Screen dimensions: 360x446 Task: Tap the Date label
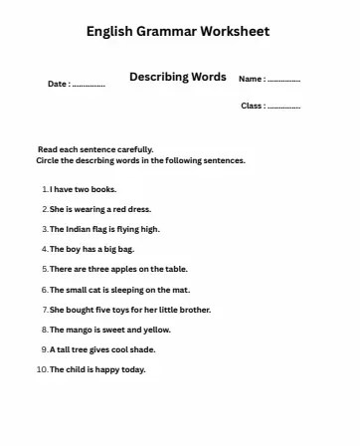pyautogui.click(x=59, y=84)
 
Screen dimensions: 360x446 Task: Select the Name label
pyautogui.click(x=252, y=79)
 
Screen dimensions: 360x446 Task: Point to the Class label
pyautogui.click(x=254, y=106)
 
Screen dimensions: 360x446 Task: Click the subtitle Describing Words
pyautogui.click(x=177, y=77)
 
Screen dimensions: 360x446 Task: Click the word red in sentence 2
pyautogui.click(x=116, y=209)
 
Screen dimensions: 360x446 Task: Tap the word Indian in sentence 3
pyautogui.click(x=78, y=229)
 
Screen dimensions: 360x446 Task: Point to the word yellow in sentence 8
pyautogui.click(x=157, y=330)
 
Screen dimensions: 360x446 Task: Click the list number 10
pyautogui.click(x=40, y=370)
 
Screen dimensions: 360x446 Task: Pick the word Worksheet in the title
pyautogui.click(x=235, y=32)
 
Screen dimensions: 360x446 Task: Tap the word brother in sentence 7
pyautogui.click(x=195, y=310)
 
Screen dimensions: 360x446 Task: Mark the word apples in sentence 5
pyautogui.click(x=122, y=269)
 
